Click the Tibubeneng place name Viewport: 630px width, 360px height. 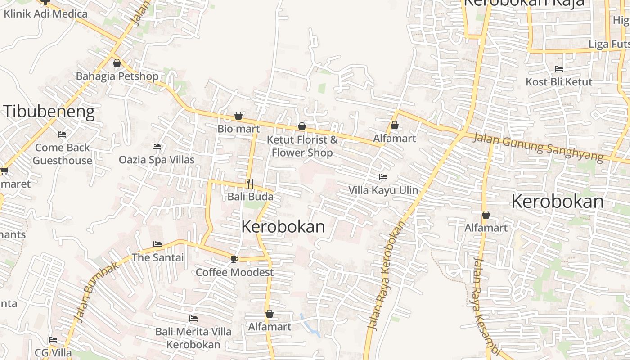point(49,112)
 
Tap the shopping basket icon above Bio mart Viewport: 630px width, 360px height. point(238,116)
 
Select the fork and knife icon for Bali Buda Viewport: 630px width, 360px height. point(250,184)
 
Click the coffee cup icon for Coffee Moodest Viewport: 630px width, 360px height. point(234,259)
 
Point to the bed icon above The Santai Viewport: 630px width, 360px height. point(157,244)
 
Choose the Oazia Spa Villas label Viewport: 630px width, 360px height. point(157,160)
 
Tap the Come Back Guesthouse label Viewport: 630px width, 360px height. point(63,154)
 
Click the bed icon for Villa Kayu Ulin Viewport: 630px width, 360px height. point(383,177)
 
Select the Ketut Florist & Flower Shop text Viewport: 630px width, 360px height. point(302,146)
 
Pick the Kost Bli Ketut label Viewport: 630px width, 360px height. point(559,82)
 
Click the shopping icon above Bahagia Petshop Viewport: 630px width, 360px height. point(117,63)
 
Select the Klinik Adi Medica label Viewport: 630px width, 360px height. point(45,13)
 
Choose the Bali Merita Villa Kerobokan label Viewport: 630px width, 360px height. point(193,338)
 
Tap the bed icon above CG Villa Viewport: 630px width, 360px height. point(53,340)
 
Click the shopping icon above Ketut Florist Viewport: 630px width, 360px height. point(302,127)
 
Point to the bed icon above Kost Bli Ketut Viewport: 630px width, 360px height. point(559,69)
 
